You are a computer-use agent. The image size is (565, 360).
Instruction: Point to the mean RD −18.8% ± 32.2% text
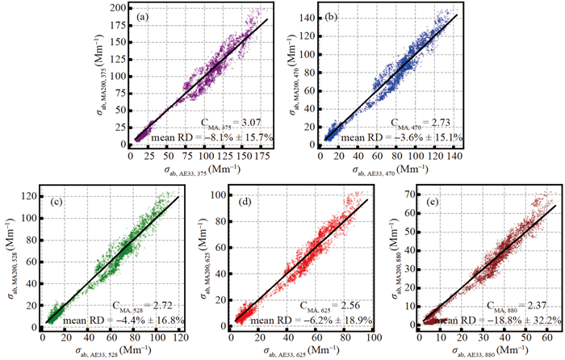click(x=497, y=320)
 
